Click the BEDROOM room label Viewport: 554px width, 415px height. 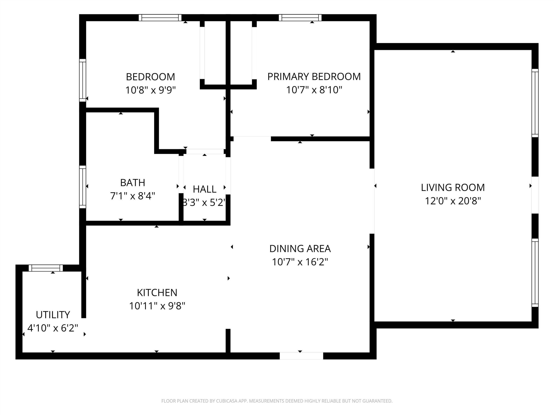tap(150, 77)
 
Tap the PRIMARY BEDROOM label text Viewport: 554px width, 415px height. tap(314, 77)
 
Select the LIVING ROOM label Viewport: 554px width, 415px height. tap(453, 188)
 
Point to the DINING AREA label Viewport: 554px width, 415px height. tap(300, 249)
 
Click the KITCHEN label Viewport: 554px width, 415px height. tap(157, 293)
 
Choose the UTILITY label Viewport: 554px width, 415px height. tap(53, 315)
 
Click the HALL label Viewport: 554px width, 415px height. tap(205, 189)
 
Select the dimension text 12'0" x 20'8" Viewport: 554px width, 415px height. tap(453, 201)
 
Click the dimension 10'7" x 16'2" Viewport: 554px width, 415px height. tap(300, 262)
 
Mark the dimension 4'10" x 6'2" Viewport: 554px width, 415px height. tap(53, 328)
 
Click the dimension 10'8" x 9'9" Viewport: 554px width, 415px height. tap(150, 90)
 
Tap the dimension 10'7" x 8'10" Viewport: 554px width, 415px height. tap(314, 90)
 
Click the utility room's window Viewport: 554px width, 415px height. tap(46, 268)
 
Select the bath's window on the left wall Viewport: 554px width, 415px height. tap(83, 187)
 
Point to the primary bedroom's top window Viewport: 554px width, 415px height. tap(300, 18)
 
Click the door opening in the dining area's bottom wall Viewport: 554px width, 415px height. tap(301, 356)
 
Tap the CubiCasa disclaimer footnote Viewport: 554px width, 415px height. tap(277, 401)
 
